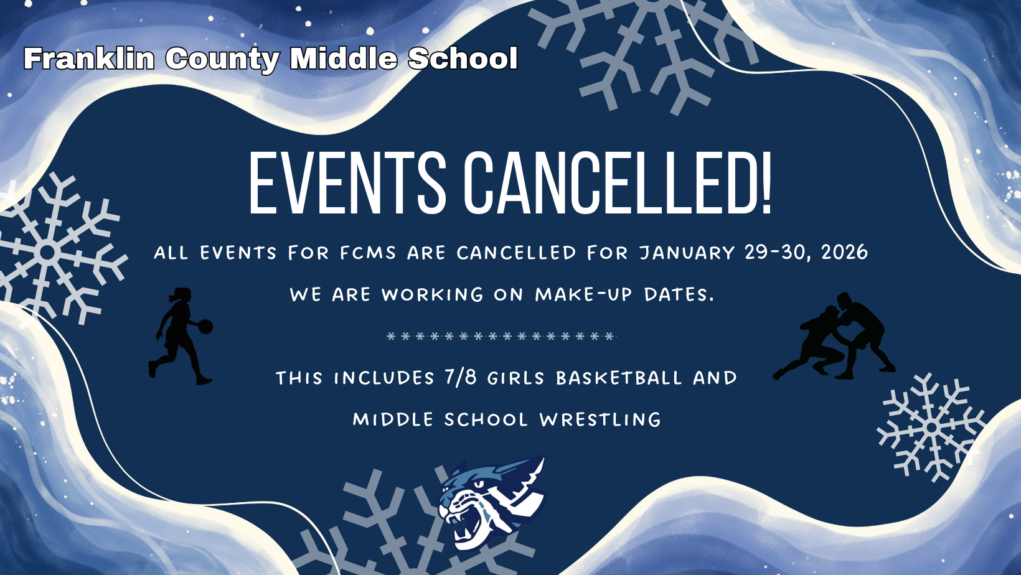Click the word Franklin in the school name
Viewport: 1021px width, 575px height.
[88, 59]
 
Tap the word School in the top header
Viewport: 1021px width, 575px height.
[463, 59]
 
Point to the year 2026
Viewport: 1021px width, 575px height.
[844, 252]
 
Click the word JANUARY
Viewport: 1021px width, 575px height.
[687, 253]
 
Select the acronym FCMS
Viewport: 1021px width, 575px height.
[368, 253]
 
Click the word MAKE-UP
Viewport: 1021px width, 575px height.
[583, 294]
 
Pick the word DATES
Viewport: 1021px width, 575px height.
[679, 294]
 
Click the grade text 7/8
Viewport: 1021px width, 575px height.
[460, 377]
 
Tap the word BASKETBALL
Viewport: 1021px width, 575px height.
[619, 378]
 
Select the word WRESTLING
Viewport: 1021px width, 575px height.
[600, 419]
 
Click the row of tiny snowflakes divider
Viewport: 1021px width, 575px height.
[501, 336]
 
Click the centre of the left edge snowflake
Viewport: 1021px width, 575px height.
[47, 253]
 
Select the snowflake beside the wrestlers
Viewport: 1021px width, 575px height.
[931, 428]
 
